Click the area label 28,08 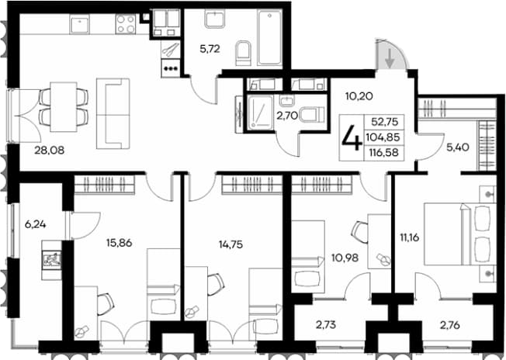(50, 150)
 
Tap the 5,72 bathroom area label (210, 49)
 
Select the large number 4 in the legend (352, 138)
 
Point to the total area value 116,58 (385, 151)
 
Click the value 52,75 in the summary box (385, 122)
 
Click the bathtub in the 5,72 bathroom (270, 37)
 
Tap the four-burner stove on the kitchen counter (126, 24)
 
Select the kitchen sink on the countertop (80, 25)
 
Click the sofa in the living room (113, 113)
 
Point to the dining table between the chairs (64, 107)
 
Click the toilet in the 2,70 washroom (311, 114)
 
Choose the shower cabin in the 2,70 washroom (261, 112)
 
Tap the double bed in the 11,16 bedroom (460, 234)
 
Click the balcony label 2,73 (326, 325)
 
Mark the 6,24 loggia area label (35, 224)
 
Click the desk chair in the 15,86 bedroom (106, 303)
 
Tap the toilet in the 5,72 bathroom (243, 53)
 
